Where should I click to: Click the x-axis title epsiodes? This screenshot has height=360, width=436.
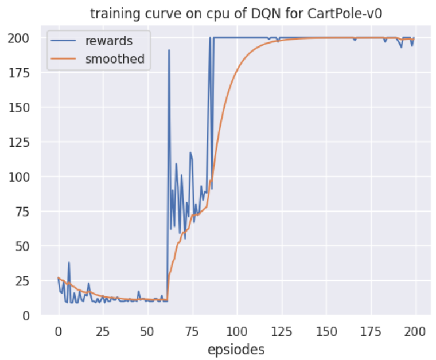point(236,349)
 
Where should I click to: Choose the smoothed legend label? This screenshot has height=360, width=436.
point(115,58)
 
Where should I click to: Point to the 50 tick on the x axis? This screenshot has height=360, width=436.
point(147,331)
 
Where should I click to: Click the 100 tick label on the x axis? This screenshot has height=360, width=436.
point(236,331)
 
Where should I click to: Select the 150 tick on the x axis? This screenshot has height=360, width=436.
point(326,331)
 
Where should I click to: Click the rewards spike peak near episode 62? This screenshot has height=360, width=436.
point(169,50)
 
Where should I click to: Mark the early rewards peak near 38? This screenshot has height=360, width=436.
point(69,263)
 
